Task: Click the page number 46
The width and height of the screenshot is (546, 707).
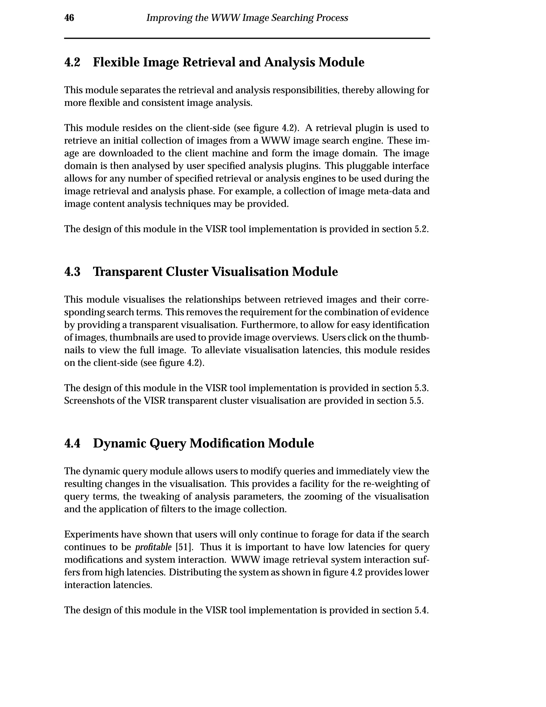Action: pos(69,18)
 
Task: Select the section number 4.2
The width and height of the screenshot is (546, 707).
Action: pos(72,62)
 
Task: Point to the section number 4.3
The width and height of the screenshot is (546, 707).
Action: pos(72,272)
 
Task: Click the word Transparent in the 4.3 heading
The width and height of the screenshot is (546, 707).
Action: pos(127,272)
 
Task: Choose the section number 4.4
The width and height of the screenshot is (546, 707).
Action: pos(72,443)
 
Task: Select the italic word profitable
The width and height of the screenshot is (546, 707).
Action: pos(153,547)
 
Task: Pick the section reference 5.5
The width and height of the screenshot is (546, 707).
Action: pos(416,401)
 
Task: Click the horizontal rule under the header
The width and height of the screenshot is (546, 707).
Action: pos(247,38)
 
